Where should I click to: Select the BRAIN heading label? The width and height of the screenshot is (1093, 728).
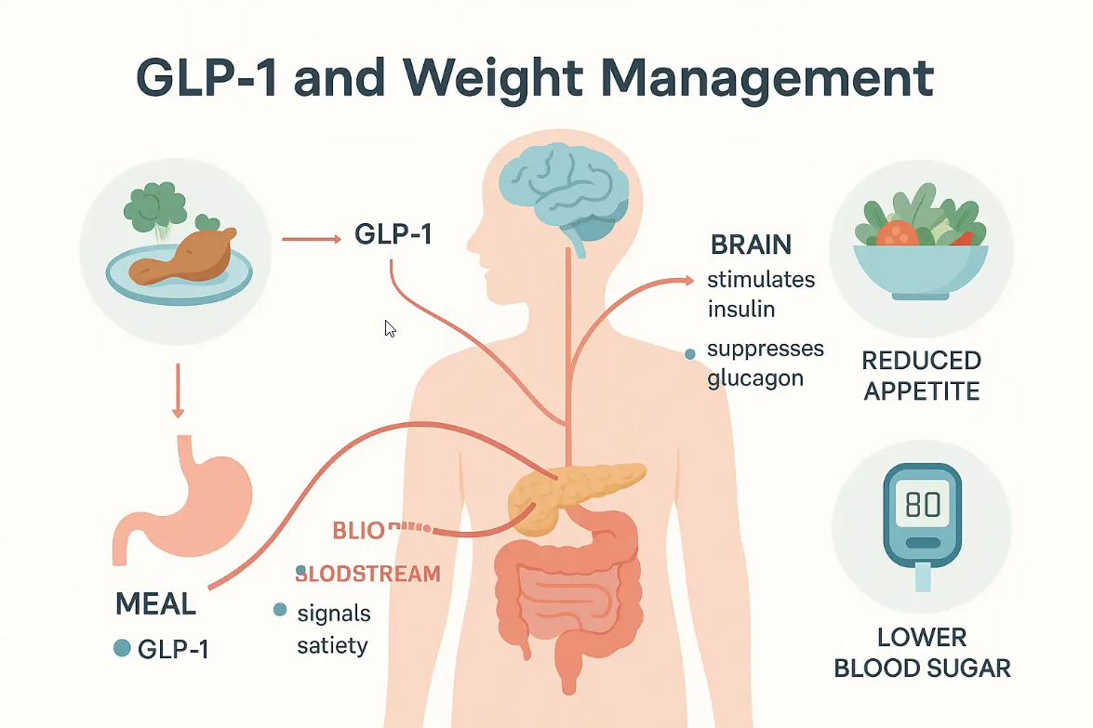[x=751, y=245]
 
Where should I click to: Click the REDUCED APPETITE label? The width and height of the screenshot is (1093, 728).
[x=921, y=375]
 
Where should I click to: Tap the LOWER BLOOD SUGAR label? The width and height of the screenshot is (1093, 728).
[x=921, y=653]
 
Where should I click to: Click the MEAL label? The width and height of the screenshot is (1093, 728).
[x=155, y=603]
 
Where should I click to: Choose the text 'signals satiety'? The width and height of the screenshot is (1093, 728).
[x=333, y=629]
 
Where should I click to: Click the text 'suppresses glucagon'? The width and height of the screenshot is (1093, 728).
[x=765, y=364]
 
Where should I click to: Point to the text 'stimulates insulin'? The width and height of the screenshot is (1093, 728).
[x=760, y=293]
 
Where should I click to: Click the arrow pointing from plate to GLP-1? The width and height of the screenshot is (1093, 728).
[x=311, y=239]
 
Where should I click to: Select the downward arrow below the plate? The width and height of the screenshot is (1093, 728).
[x=178, y=393]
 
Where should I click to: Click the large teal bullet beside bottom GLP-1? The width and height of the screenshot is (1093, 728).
[x=121, y=648]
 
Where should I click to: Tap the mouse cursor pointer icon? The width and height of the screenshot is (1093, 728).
[x=391, y=328]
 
